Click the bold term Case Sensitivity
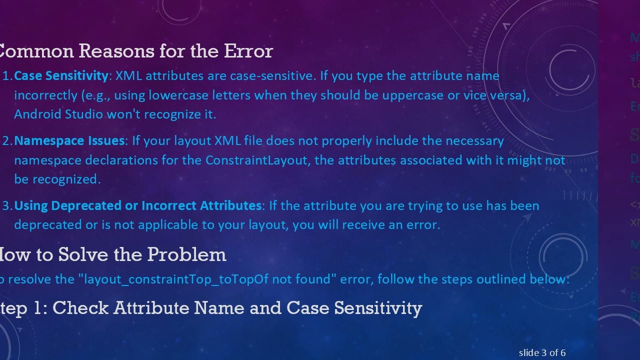click(61, 76)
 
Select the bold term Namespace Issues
click(69, 141)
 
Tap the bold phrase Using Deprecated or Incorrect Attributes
click(137, 206)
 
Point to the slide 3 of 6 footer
click(542, 353)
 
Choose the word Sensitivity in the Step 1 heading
click(378, 308)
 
